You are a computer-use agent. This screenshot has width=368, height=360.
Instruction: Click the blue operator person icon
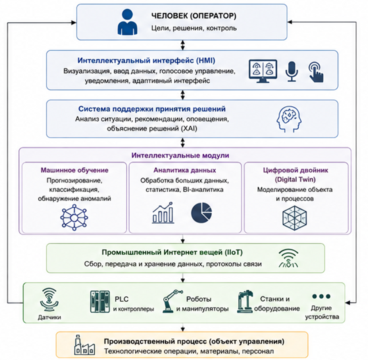[128, 22]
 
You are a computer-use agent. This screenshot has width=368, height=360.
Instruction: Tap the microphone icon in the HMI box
[292, 71]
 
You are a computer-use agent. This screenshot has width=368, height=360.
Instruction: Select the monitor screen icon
[263, 71]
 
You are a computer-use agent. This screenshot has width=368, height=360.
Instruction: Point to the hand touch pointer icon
[316, 72]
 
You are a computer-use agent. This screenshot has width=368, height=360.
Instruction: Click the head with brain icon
[289, 119]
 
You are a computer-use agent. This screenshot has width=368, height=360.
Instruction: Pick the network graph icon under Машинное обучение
[74, 218]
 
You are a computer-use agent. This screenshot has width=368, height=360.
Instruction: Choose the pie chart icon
[201, 213]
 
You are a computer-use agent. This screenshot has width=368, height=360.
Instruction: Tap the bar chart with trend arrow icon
[163, 213]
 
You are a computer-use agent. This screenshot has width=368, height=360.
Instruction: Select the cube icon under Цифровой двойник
[295, 218]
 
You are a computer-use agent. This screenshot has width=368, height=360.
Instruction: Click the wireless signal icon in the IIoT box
[288, 258]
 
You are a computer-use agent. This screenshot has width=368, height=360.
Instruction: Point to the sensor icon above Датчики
[49, 299]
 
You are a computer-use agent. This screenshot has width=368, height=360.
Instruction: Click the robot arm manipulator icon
[172, 301]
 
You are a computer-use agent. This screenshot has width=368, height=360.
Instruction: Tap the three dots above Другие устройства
[321, 296]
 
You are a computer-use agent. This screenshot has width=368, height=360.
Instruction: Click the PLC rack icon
[100, 302]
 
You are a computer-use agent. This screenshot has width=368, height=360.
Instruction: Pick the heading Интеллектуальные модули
[180, 156]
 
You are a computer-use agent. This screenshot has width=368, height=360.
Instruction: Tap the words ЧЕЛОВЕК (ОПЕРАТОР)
[194, 16]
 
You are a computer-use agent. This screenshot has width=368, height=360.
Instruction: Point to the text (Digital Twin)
[295, 179]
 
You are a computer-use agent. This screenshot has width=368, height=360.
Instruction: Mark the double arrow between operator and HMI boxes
[183, 45]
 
